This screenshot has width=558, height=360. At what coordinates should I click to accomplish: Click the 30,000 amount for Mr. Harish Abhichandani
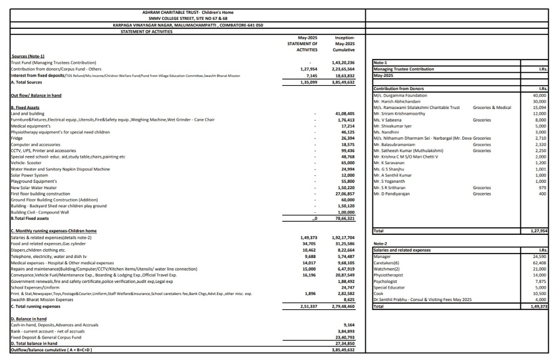click(539, 101)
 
